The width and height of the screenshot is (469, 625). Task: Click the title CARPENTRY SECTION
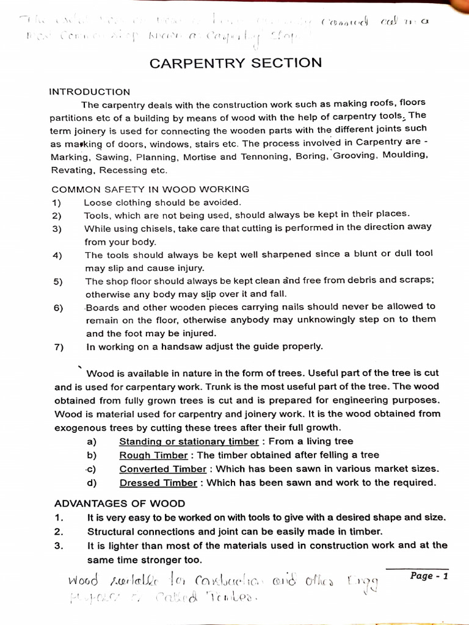pos(236,63)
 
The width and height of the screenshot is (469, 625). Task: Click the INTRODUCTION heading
pos(90,92)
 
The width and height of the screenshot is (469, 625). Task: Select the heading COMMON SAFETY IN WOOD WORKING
pos(150,189)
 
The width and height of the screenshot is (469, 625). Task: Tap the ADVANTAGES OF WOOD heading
pos(120,504)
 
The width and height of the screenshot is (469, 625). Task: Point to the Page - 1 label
pos(430,576)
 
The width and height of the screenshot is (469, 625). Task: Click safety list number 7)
pos(59,347)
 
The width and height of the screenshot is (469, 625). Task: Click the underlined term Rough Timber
pos(153,455)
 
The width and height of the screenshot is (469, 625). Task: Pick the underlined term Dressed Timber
pos(158,483)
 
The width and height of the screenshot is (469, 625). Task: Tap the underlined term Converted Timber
pos(163,469)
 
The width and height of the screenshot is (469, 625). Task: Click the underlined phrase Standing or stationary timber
pos(189,442)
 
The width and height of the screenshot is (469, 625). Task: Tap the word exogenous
pos(83,428)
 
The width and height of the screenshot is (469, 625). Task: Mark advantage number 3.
pos(59,546)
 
